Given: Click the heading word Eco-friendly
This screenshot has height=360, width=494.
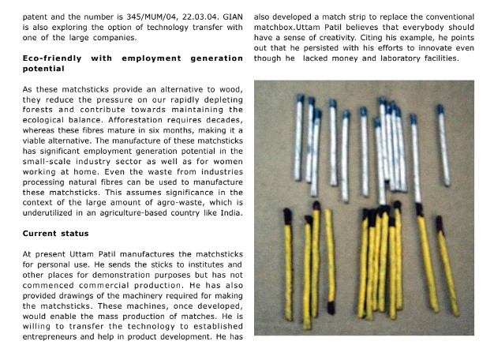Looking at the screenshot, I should tap(55, 58).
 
